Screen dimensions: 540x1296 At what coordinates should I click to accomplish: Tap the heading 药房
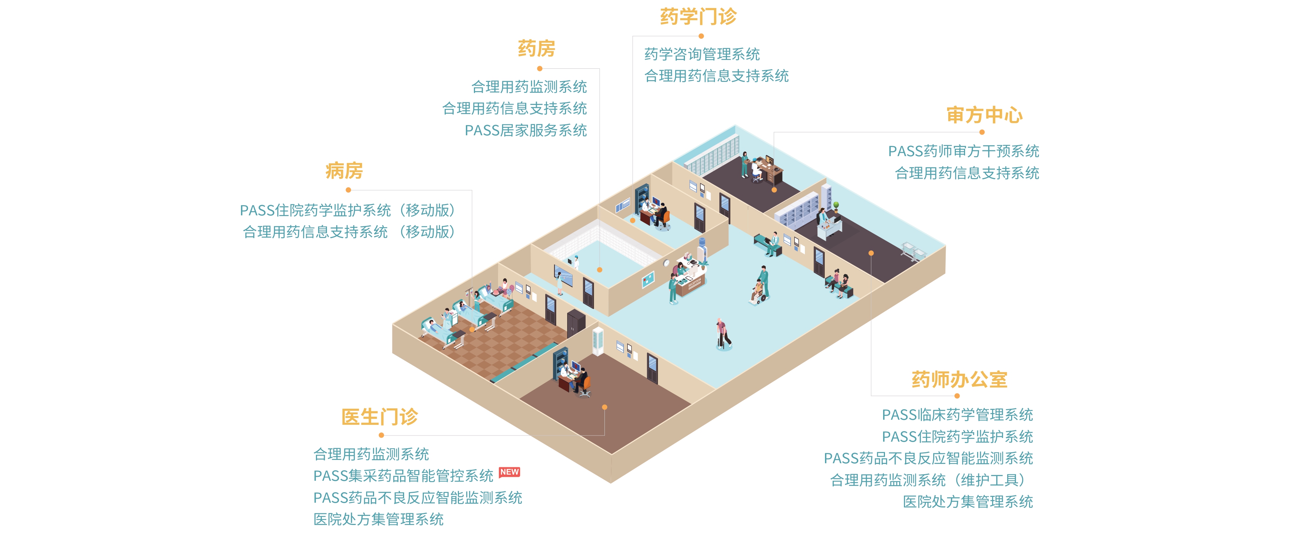click(536, 49)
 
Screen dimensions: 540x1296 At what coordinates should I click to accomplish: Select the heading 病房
click(344, 171)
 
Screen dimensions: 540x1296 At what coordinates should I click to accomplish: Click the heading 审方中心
click(984, 115)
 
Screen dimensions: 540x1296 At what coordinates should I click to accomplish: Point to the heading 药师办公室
click(959, 379)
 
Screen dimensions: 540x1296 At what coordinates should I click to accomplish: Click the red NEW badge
click(509, 472)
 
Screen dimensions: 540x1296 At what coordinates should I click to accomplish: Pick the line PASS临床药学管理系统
click(957, 415)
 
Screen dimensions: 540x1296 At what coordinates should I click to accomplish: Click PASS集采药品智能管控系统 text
click(403, 476)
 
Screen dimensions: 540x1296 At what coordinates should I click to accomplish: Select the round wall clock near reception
click(666, 263)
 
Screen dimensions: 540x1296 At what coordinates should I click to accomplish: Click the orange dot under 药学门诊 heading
click(701, 36)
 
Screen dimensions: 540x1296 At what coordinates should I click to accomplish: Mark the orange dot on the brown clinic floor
click(604, 407)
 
